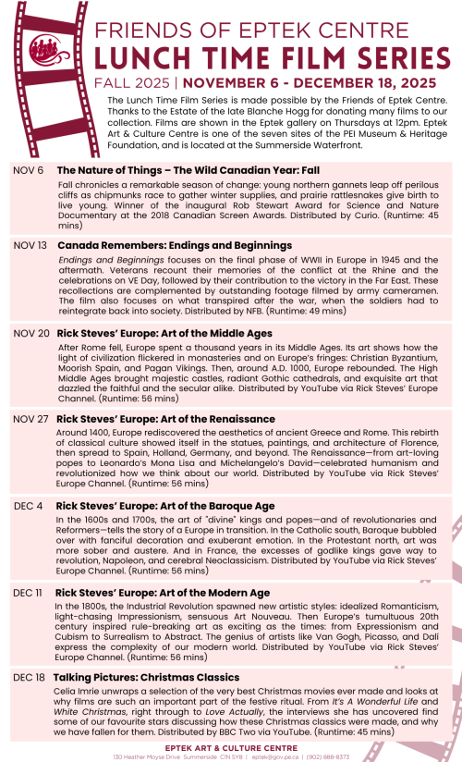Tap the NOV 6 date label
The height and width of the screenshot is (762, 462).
(x=28, y=171)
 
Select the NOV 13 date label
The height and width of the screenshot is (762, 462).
(x=30, y=246)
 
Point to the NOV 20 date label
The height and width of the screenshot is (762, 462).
(x=30, y=333)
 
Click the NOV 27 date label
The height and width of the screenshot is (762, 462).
(x=30, y=419)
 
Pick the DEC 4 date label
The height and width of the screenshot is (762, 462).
(x=28, y=506)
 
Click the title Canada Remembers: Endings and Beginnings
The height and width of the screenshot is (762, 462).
(x=175, y=246)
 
